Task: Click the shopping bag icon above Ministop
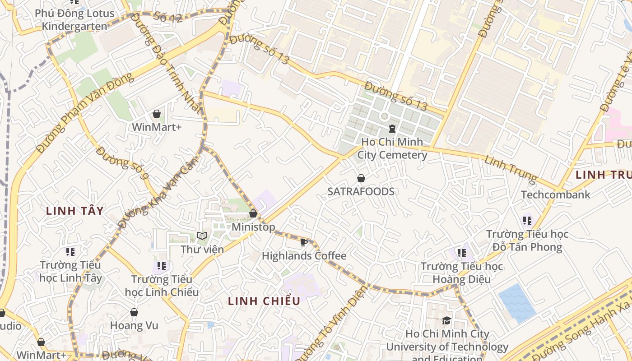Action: pyautogui.click(x=253, y=213)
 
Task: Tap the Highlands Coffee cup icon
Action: pyautogui.click(x=304, y=243)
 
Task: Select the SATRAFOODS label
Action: pyautogui.click(x=361, y=191)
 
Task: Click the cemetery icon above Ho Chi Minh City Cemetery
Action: pyautogui.click(x=392, y=129)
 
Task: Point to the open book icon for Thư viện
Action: pyautogui.click(x=202, y=236)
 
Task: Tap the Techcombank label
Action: pyautogui.click(x=555, y=194)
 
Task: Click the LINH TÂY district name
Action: pyautogui.click(x=75, y=211)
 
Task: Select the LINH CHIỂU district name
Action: pyautogui.click(x=264, y=301)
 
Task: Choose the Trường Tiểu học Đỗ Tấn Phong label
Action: pyautogui.click(x=527, y=241)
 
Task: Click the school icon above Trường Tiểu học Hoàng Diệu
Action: pyautogui.click(x=461, y=253)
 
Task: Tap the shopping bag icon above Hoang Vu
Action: pyautogui.click(x=134, y=312)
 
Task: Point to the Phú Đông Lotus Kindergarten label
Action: pyautogui.click(x=74, y=20)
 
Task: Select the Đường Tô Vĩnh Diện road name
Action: pyautogui.click(x=332, y=321)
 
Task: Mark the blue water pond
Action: pyautogui.click(x=517, y=303)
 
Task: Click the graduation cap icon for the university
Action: pyautogui.click(x=447, y=320)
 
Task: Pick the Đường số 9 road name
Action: pyautogui.click(x=122, y=163)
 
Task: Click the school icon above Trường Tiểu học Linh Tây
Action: pyautogui.click(x=70, y=251)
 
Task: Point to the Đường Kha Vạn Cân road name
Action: pyautogui.click(x=158, y=194)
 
